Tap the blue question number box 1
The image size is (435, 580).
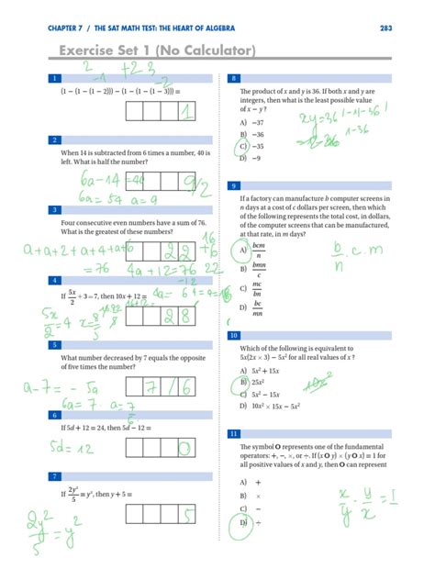pos(57,78)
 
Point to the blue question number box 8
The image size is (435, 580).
pos(235,78)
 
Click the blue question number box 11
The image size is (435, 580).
pos(235,432)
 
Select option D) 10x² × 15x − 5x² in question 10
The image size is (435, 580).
pos(273,405)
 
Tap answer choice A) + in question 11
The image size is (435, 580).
pos(250,481)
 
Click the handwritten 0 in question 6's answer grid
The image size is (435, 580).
pos(184,447)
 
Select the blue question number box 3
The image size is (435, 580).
pos(57,209)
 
